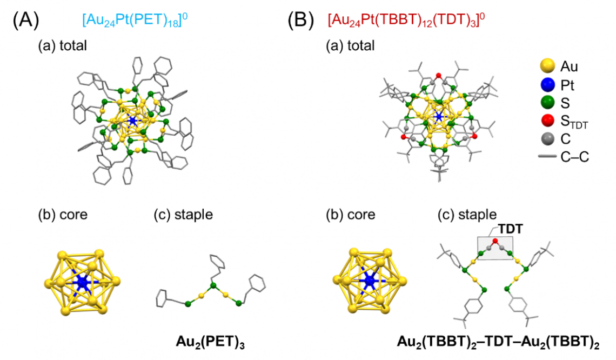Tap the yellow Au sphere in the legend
point(547,66)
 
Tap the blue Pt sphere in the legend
point(547,84)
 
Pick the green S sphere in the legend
point(547,103)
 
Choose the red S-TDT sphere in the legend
point(547,121)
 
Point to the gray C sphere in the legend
point(547,139)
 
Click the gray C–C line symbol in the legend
point(547,156)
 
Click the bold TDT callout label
point(510,229)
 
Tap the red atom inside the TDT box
point(495,241)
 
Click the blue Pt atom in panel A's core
point(82,282)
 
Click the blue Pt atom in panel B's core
point(369,281)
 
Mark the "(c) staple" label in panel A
point(184,215)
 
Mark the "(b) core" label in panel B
point(351,215)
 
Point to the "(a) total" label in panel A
point(63,45)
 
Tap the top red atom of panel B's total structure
point(439,76)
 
